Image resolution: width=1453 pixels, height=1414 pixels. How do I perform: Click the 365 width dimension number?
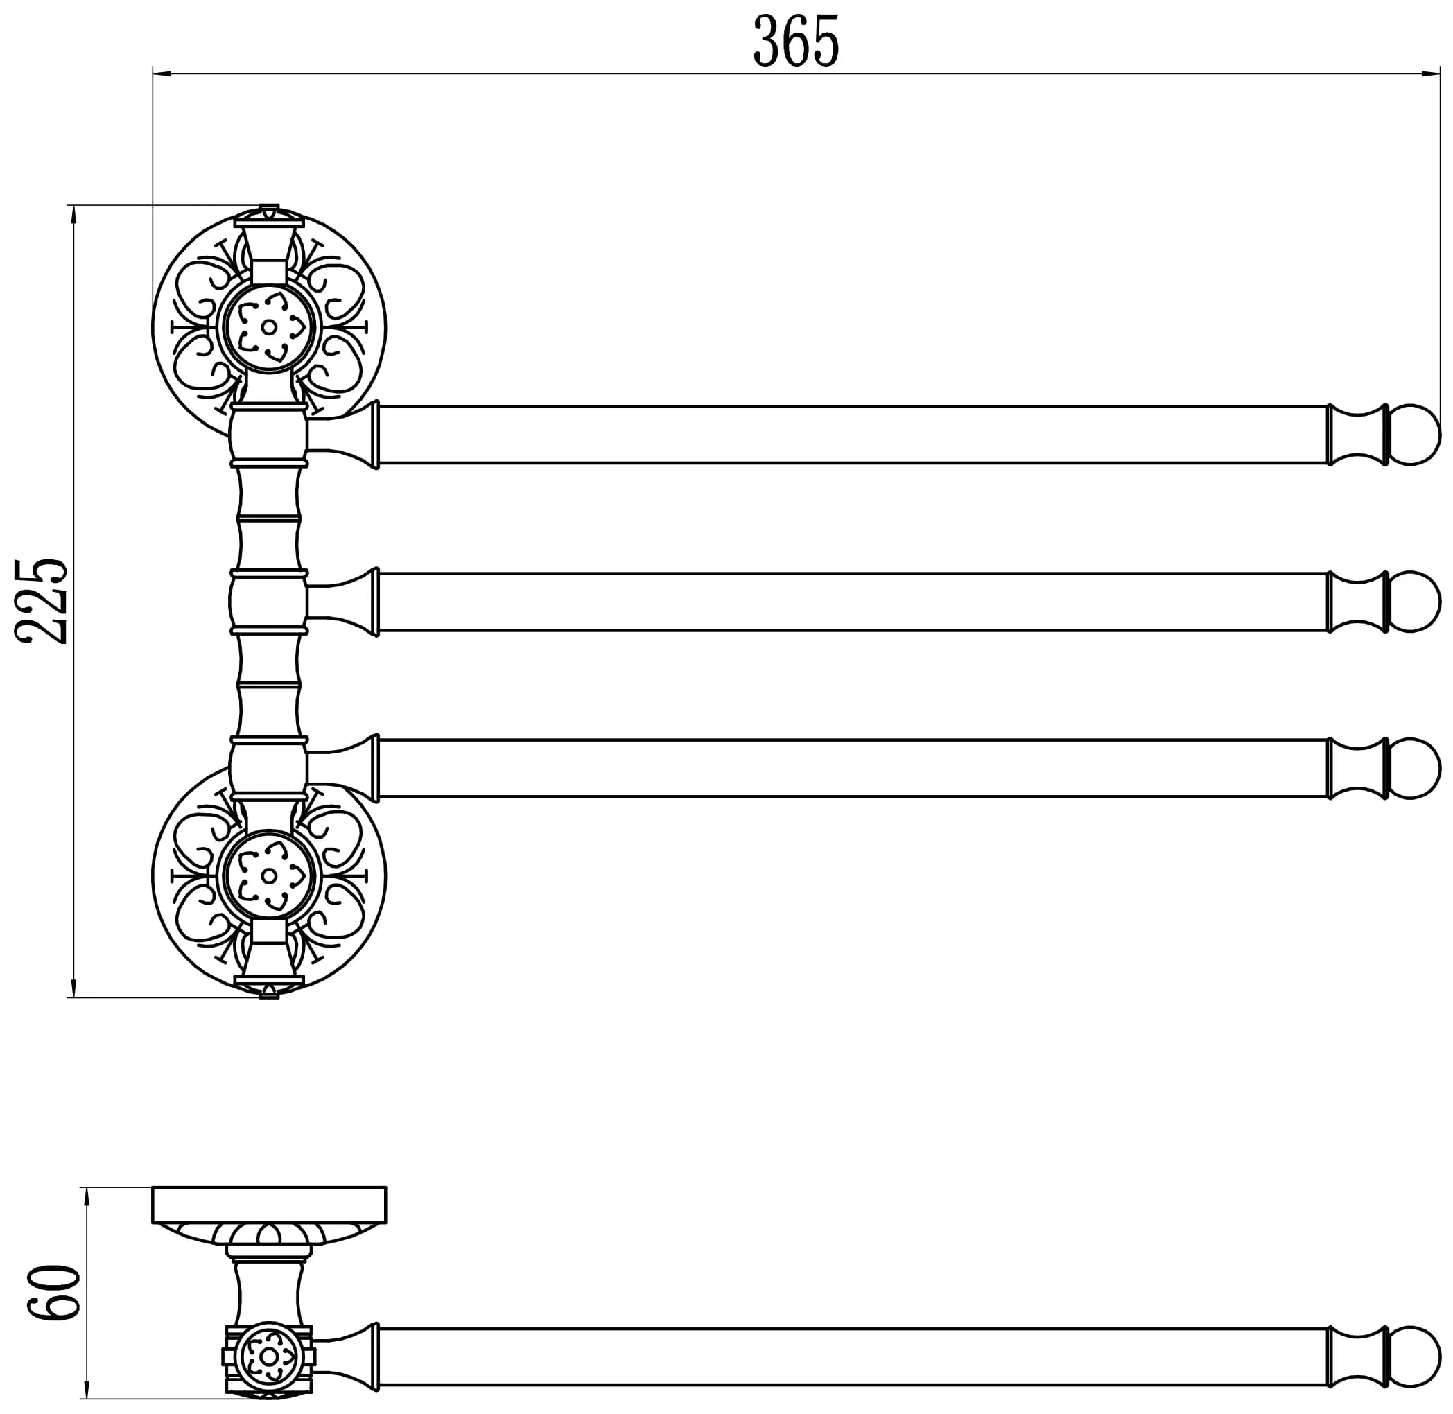pyautogui.click(x=796, y=41)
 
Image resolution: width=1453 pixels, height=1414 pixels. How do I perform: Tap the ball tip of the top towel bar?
pyautogui.click(x=1414, y=435)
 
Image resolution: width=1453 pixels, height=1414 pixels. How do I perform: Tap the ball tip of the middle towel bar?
pyautogui.click(x=1414, y=602)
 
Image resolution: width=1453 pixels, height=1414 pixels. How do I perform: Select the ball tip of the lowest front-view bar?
pyautogui.click(x=1414, y=768)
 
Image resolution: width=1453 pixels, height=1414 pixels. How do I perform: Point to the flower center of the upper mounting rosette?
pyautogui.click(x=269, y=326)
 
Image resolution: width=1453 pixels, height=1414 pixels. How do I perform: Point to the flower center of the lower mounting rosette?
pyautogui.click(x=269, y=876)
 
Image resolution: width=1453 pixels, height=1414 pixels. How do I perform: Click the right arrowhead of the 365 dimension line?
pyautogui.click(x=1432, y=73)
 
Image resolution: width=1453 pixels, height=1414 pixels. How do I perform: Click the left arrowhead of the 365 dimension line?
pyautogui.click(x=162, y=73)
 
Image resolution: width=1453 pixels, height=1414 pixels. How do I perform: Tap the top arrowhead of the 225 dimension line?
pyautogui.click(x=73, y=214)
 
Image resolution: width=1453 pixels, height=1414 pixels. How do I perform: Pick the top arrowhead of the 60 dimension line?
pyautogui.click(x=87, y=1196)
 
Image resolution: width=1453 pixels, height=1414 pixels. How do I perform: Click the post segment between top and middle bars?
pyautogui.click(x=269, y=518)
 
